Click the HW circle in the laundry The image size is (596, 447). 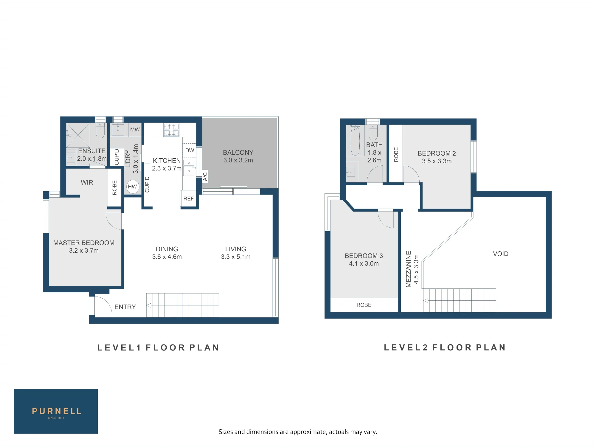coord(133,187)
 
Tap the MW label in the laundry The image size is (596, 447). coord(135,130)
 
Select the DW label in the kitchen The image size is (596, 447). coord(190,150)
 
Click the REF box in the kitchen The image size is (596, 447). coord(188,198)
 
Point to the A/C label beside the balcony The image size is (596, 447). coord(205,176)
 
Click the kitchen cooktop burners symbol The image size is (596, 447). coord(171,130)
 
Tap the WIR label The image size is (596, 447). coord(87,182)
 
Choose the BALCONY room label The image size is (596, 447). coord(238,152)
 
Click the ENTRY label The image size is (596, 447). coord(125,307)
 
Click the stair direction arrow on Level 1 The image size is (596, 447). coord(149,305)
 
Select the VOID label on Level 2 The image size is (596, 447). coord(501,254)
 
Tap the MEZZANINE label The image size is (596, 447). coord(409,269)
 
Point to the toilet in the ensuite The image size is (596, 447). coord(100,131)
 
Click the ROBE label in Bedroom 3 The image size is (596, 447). coord(364,305)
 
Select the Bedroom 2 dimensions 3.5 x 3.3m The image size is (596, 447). coord(437,161)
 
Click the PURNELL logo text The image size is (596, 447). coord(56,411)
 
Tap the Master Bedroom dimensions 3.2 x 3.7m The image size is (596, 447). coord(84,251)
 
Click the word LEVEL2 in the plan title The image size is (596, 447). coord(406,347)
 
